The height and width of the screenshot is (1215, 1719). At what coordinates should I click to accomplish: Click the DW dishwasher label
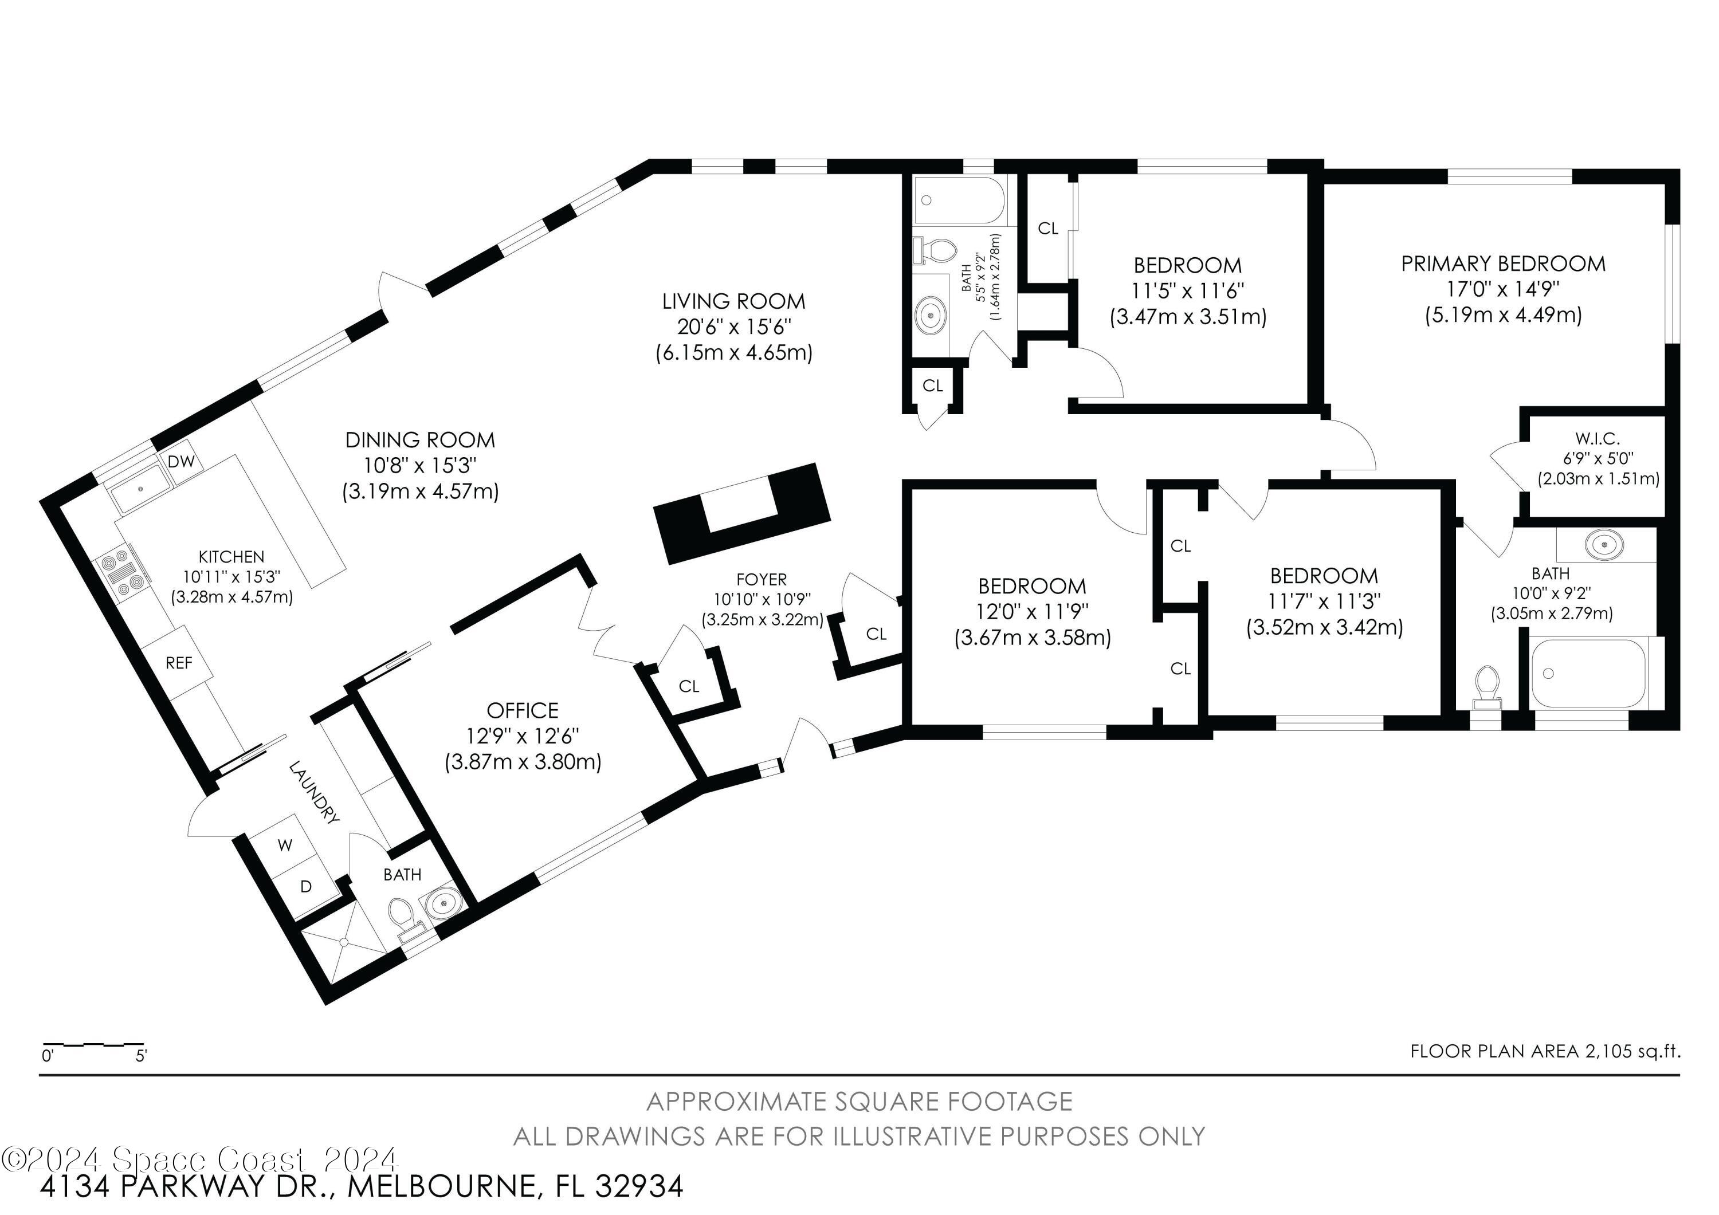tap(181, 462)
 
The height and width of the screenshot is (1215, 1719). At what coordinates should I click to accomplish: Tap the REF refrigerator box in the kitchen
tap(178, 663)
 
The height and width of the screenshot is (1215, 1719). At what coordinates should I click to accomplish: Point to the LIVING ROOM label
tap(733, 302)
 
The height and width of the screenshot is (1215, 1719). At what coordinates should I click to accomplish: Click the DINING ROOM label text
tap(420, 440)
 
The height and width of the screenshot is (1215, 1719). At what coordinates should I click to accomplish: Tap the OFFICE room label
tap(523, 710)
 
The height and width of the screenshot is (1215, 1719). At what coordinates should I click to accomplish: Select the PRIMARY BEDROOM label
tap(1504, 264)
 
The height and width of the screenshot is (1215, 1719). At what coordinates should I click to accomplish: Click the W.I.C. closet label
tap(1597, 439)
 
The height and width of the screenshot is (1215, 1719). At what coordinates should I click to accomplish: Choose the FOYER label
tap(762, 579)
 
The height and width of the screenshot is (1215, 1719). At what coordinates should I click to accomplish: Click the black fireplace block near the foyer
tap(742, 513)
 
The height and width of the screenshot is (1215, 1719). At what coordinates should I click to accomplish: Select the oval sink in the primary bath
tap(1604, 544)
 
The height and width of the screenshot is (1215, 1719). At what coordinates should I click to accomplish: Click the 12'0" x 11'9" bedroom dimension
tap(1033, 612)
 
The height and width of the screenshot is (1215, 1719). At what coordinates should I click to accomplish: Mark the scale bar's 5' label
tap(142, 1056)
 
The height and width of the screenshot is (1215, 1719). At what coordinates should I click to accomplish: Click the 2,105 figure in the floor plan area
tap(1608, 1051)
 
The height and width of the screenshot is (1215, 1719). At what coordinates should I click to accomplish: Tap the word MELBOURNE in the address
tap(444, 1186)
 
